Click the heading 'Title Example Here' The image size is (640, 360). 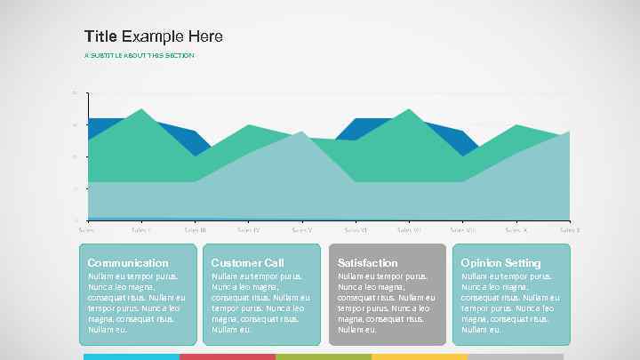point(153,36)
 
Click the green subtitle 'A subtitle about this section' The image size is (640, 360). point(139,55)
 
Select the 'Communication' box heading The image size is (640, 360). point(127,262)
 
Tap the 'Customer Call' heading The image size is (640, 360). point(247,262)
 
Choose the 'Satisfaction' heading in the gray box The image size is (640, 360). point(368,262)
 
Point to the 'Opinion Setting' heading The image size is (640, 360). point(500,262)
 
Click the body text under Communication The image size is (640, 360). point(136,303)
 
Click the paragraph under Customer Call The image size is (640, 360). point(260,303)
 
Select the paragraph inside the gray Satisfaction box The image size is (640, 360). point(387,303)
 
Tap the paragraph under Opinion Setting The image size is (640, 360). point(510,303)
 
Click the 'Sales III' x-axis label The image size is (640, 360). point(196,229)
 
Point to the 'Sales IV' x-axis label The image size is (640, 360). point(249,229)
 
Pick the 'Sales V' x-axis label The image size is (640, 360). point(302,229)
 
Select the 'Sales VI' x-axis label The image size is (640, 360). point(356,229)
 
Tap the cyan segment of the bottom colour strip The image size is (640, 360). point(132,356)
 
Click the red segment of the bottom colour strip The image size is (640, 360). point(228,356)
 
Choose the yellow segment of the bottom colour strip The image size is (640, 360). point(420,356)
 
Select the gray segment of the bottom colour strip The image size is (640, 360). point(516,356)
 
